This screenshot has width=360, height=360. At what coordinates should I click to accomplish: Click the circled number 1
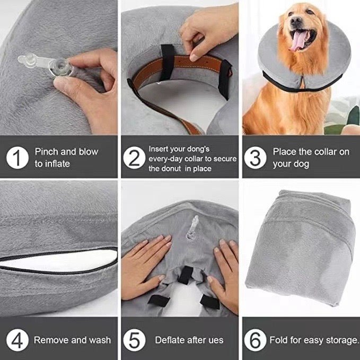(x=17, y=157)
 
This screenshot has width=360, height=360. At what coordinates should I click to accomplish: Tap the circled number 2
(x=134, y=157)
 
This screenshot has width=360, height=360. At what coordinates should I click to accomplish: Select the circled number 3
(x=256, y=157)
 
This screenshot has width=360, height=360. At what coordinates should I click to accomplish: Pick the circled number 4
(x=17, y=340)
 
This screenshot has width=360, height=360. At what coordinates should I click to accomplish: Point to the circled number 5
(x=134, y=340)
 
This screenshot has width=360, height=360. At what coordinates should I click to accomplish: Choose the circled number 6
(x=256, y=340)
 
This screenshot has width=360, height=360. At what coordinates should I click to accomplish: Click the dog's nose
(x=296, y=21)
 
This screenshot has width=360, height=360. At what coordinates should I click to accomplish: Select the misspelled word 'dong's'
(x=198, y=149)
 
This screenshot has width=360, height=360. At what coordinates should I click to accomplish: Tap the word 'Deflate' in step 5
(x=170, y=340)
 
